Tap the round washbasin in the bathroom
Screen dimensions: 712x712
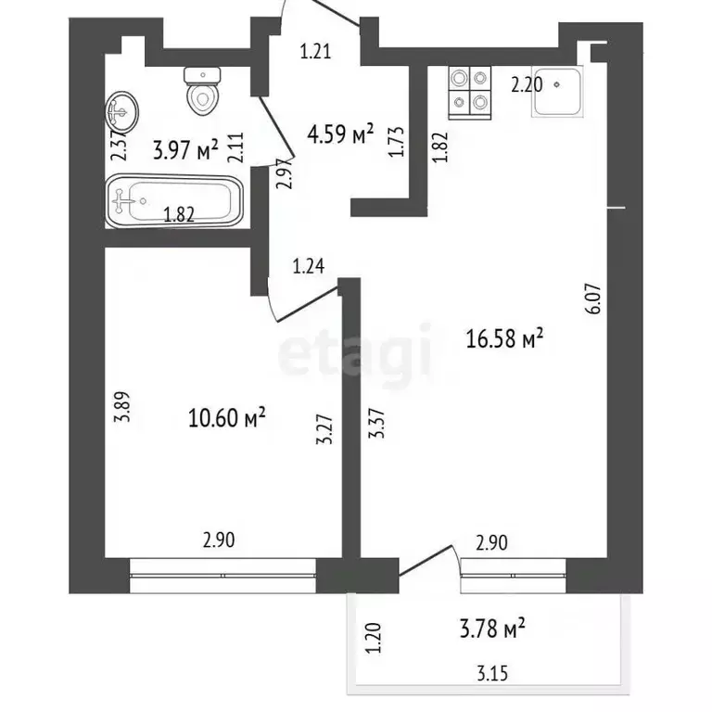121,111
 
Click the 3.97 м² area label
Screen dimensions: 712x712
184,148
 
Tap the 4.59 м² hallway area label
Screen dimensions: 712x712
340,136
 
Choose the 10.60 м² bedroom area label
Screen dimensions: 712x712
227,418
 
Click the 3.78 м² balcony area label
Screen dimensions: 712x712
494,632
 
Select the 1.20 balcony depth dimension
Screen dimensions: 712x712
375,639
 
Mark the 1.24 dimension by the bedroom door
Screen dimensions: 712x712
310,269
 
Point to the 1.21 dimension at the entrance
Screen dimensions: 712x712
315,53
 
